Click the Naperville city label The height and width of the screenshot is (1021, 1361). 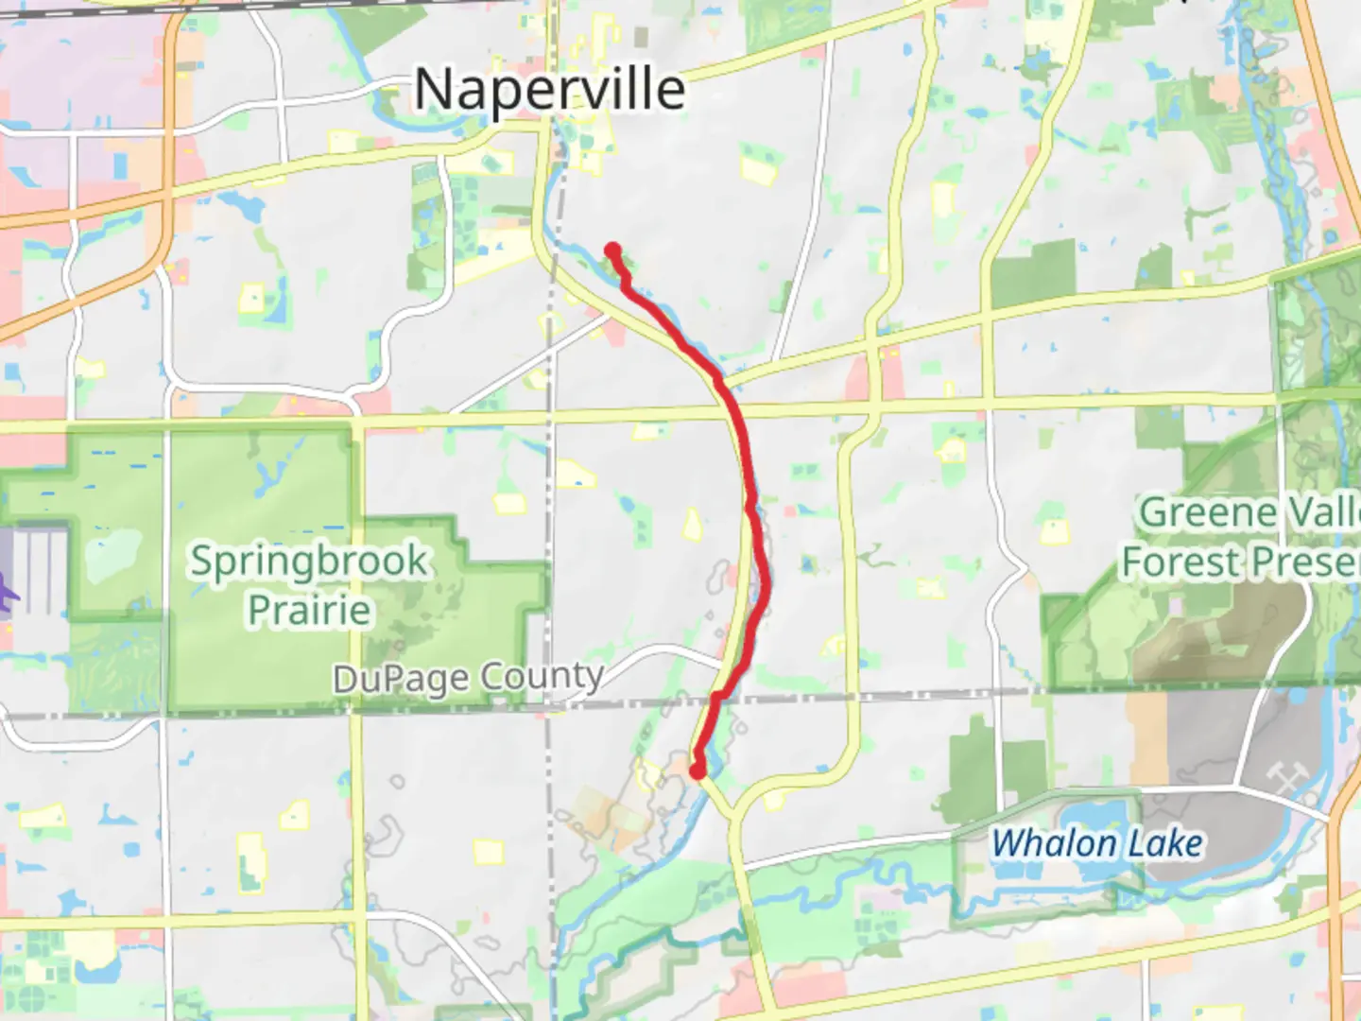pos(550,90)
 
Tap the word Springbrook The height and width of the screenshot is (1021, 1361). pos(309,561)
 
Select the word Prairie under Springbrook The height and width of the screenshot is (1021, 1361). pos(309,610)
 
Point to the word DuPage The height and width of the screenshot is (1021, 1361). pos(401,678)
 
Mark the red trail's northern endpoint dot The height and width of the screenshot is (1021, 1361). pos(612,251)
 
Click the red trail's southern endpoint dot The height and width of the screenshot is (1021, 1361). pos(698,771)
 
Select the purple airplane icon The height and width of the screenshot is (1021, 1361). pos(6,597)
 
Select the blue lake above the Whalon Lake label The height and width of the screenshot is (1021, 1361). pos(1096,816)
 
